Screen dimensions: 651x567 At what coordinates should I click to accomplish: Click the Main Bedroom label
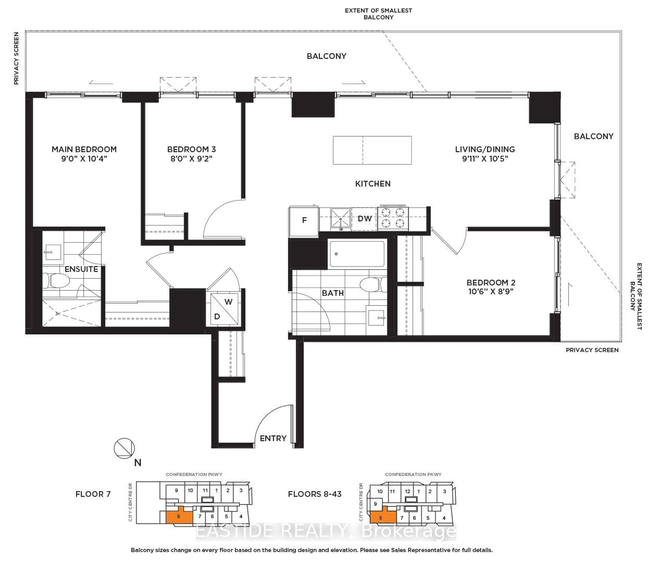[x=84, y=149]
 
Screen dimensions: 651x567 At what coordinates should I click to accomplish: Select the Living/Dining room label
[x=485, y=149]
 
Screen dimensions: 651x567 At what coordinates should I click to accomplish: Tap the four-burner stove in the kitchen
[x=393, y=218]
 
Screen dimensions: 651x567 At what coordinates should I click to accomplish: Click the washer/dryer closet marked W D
[x=224, y=309]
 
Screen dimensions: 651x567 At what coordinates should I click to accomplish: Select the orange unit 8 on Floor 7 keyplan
[x=179, y=516]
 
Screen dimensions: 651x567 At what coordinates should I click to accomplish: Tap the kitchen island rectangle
[x=372, y=150]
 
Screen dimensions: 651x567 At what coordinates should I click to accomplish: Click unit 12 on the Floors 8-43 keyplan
[x=407, y=491]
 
